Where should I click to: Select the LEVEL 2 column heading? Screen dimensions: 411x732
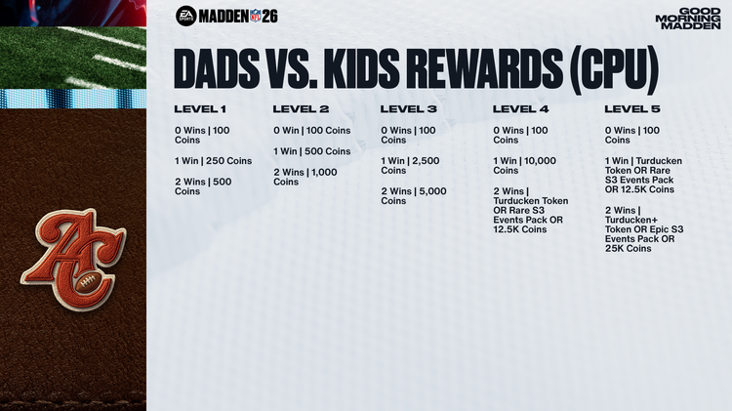(301, 108)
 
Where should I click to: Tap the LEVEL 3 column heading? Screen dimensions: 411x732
(408, 108)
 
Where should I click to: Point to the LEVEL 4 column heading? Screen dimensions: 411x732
(521, 108)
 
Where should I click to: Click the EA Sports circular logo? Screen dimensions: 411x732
(185, 16)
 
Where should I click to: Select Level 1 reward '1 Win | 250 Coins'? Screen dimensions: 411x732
(214, 161)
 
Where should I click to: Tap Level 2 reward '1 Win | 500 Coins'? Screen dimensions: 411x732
(311, 151)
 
